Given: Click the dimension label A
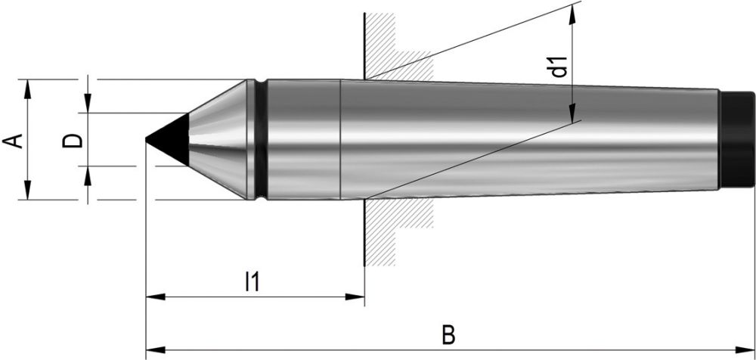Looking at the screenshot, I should (13, 141).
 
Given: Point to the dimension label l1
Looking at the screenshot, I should (252, 282).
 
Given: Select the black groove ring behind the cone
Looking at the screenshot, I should (260, 139).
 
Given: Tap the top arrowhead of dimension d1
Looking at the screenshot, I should (575, 11).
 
